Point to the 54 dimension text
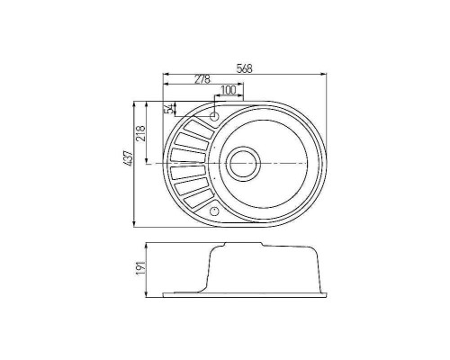[168, 109]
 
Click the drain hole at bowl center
[243, 163]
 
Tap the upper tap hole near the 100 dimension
[214, 117]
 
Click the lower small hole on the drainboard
[213, 210]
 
